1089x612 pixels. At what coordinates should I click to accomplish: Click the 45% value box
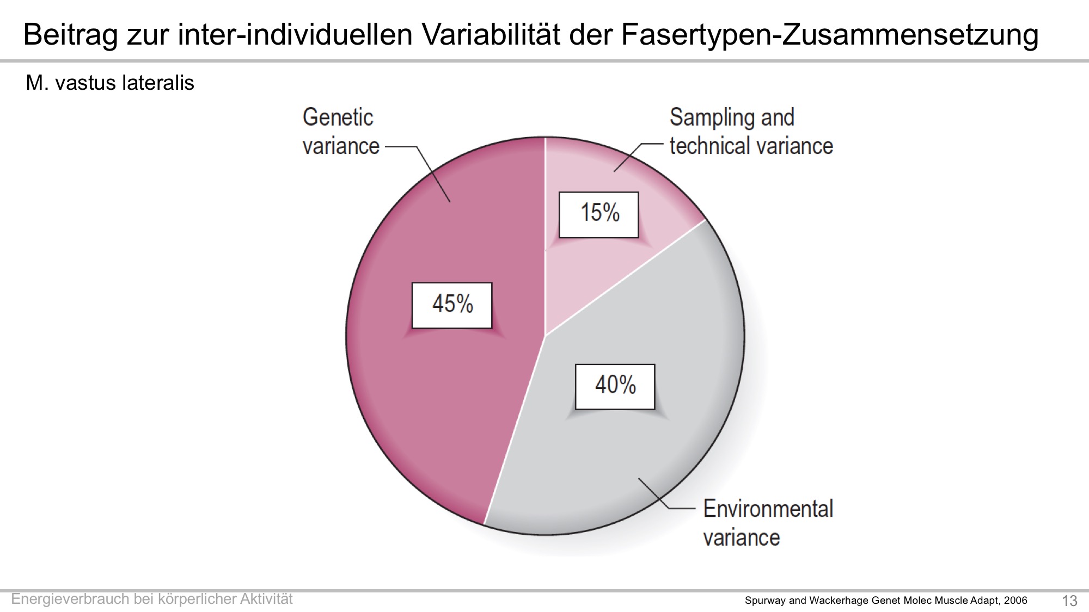tap(452, 305)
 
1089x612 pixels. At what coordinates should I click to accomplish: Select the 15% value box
tap(599, 215)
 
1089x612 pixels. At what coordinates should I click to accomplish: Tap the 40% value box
tap(615, 387)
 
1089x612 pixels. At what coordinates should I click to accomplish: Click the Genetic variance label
tap(340, 132)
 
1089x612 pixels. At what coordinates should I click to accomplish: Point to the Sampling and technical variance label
tap(751, 132)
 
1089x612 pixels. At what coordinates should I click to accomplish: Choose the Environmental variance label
tap(768, 523)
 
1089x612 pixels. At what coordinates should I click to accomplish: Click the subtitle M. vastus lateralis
tap(110, 83)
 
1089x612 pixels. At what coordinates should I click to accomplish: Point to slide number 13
tap(1069, 601)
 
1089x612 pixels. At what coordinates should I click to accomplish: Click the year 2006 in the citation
tap(1015, 601)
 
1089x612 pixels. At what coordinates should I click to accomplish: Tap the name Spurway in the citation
tap(766, 601)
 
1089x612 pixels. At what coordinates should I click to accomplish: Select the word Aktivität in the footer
tap(266, 599)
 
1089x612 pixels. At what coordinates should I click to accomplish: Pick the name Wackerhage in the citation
tap(838, 601)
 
